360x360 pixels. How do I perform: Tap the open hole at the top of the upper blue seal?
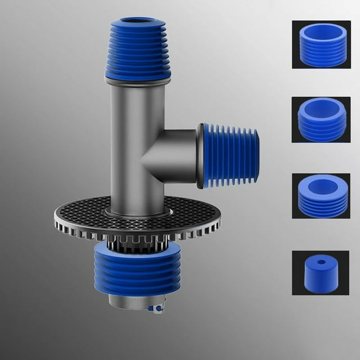138,22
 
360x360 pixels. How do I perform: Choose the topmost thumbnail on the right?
321,44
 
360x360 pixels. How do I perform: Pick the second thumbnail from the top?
321,119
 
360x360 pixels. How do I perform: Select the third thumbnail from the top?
321,196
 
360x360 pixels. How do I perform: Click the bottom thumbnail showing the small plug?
321,272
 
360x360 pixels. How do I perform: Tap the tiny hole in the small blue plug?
321,262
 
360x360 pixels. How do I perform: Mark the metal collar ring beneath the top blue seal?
138,81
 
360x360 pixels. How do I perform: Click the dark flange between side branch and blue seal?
200,156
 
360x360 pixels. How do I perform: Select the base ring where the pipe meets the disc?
137,214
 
